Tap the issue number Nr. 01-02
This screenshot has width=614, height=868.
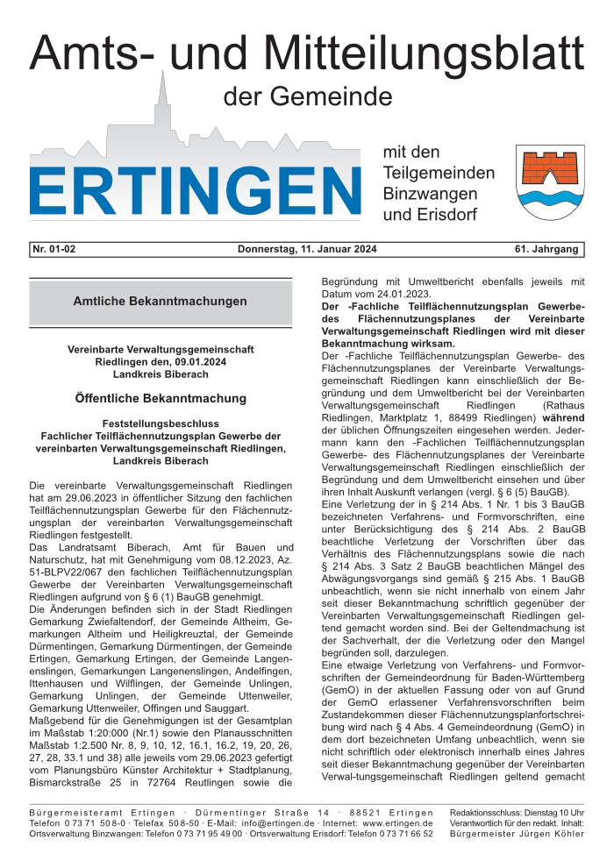click(x=54, y=249)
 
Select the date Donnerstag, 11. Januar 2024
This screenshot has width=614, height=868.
click(x=307, y=249)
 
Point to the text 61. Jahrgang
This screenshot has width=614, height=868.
click(x=547, y=249)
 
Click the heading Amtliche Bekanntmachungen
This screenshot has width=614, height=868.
click(x=161, y=301)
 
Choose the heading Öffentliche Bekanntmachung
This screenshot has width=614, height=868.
click(x=161, y=398)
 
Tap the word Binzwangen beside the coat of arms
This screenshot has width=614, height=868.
click(x=430, y=193)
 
